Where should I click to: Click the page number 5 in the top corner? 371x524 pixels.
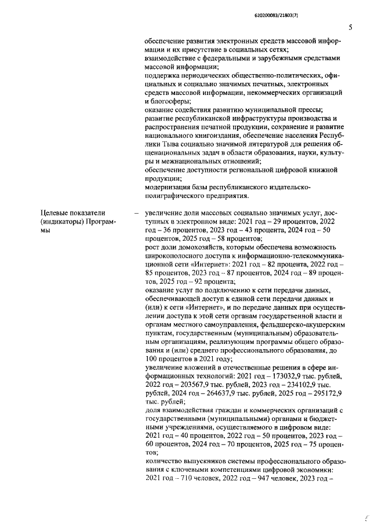pyautogui.click(x=350, y=27)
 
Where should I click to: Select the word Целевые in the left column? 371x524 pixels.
pyautogui.click(x=56, y=213)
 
